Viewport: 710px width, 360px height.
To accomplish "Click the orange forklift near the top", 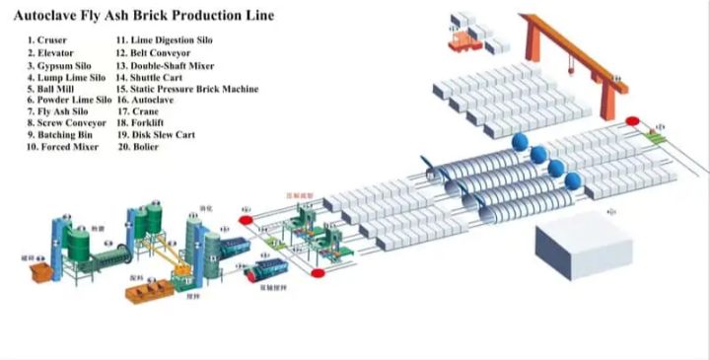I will coord(460,39).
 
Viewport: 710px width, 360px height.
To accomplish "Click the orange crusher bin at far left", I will coord(42,271).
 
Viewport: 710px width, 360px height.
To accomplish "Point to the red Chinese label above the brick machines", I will coord(299,195).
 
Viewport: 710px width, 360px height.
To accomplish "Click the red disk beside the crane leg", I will coord(632,121).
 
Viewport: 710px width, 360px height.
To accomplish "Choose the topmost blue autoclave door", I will coord(519,143).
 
